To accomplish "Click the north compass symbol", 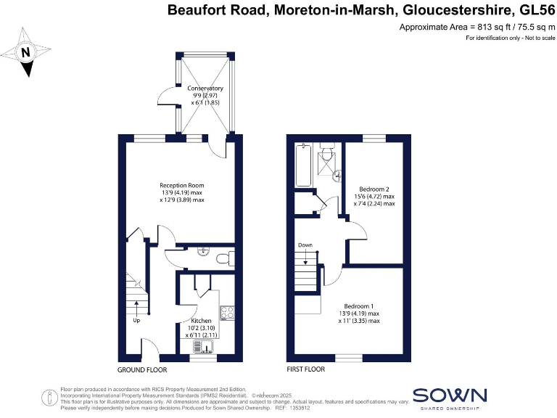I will point(26,52).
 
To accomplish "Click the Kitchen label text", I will point(201,320).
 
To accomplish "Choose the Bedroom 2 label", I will point(374,189).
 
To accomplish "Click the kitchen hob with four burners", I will point(226,313).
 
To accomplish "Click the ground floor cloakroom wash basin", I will point(205,252).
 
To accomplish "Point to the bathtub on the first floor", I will point(304,163).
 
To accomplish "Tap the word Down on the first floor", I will point(305,245).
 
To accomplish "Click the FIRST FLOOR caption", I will point(306,369).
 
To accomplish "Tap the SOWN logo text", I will point(449,395).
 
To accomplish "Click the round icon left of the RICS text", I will point(49,396).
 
